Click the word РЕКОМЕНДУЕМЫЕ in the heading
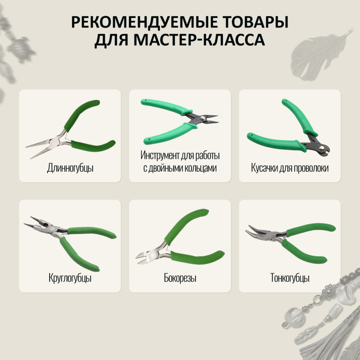pyautogui.click(x=144, y=22)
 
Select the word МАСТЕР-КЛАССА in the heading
pyautogui.click(x=199, y=40)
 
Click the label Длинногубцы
pyautogui.click(x=70, y=168)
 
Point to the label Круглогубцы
pyautogui.click(x=70, y=278)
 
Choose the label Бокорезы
pyautogui.click(x=180, y=278)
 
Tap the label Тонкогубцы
pyautogui.click(x=290, y=278)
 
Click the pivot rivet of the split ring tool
pyautogui.click(x=202, y=118)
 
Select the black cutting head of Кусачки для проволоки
pyautogui.click(x=318, y=144)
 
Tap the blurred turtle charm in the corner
pyautogui.click(x=21, y=49)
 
